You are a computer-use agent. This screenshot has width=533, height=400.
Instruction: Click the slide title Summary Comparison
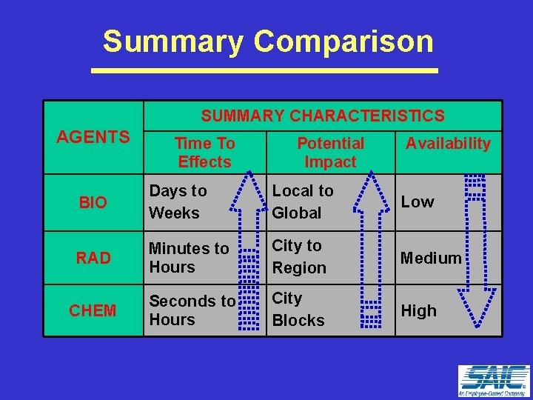(268, 41)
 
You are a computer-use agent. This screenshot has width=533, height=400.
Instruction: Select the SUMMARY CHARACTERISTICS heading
(323, 116)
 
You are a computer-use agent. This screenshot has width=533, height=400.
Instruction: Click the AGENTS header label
(93, 137)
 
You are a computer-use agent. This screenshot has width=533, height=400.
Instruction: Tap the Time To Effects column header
(204, 153)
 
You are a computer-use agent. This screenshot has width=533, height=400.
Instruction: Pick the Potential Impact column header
(330, 153)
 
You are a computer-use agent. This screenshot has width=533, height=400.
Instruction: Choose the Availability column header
(448, 144)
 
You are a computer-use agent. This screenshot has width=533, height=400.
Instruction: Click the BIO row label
(93, 202)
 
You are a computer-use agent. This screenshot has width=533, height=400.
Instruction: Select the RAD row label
(93, 258)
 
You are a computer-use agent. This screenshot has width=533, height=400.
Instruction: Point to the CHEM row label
(93, 311)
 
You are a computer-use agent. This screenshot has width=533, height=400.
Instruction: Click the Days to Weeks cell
(178, 201)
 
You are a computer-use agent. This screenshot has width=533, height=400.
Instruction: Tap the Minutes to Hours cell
(189, 258)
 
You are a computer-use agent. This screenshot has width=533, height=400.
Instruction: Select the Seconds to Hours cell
(192, 310)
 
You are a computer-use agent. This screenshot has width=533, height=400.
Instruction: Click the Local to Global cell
(303, 201)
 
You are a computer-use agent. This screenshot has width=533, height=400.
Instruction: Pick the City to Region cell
(299, 256)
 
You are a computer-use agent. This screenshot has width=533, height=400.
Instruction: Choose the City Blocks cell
(298, 310)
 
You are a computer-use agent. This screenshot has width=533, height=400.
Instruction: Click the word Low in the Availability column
(418, 202)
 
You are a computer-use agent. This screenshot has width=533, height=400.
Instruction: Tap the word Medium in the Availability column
(431, 258)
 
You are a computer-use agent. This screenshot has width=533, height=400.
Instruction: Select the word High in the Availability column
(419, 311)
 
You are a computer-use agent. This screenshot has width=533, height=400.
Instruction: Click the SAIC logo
(493, 381)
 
